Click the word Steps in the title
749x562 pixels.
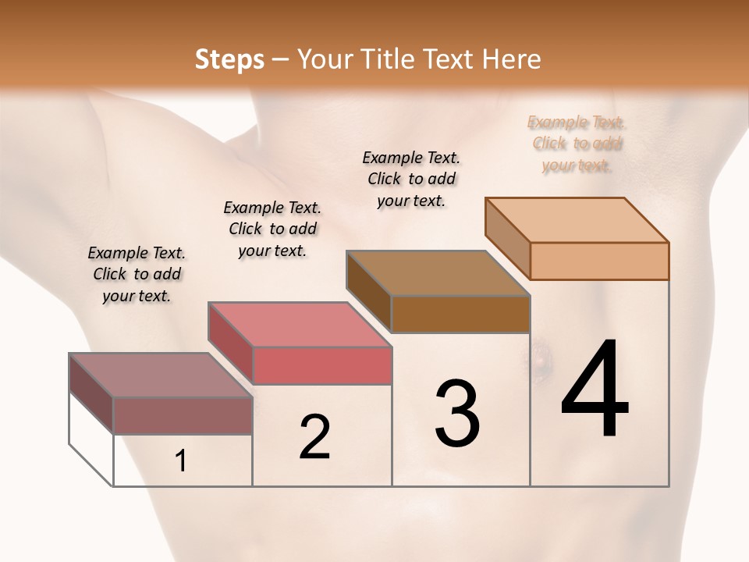coord(229,59)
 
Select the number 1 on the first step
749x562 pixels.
coord(181,461)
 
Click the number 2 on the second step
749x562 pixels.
coord(314,437)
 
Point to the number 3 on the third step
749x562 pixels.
coord(457,414)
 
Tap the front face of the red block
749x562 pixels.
coord(322,365)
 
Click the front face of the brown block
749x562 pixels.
coord(460,314)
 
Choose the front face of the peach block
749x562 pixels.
coord(599,261)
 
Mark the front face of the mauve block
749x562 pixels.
coord(183,415)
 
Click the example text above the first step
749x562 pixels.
coord(137,275)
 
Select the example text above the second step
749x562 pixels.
coord(272,229)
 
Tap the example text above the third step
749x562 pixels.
coord(411,179)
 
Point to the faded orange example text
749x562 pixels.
coord(577,144)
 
